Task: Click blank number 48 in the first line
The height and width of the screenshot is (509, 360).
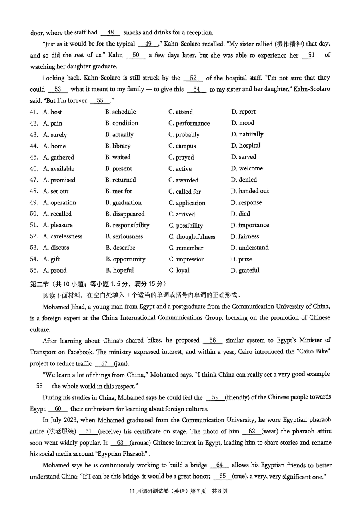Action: pyautogui.click(x=111, y=33)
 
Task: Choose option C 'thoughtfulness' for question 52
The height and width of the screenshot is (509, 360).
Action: pyautogui.click(x=192, y=237)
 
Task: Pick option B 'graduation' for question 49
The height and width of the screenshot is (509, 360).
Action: pyautogui.click(x=123, y=203)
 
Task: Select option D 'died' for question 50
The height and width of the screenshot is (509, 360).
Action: pyautogui.click(x=240, y=214)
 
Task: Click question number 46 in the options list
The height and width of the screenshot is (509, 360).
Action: pyautogui.click(x=34, y=169)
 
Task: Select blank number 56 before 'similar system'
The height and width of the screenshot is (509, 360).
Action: pyautogui.click(x=212, y=341)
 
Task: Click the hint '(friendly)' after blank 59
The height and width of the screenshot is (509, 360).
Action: pyautogui.click(x=238, y=398)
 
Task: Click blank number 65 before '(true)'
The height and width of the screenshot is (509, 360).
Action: pyautogui.click(x=222, y=477)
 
